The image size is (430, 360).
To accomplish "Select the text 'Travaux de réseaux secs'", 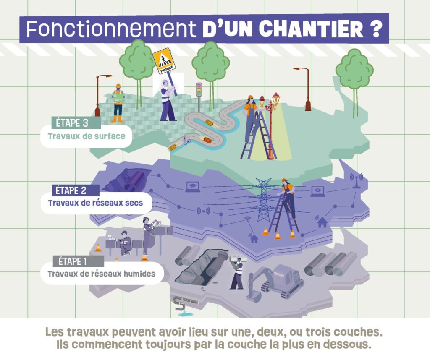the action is tap(95, 203).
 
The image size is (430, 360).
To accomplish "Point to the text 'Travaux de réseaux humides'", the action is tap(102, 274).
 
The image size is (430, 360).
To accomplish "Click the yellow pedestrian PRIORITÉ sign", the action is tap(164, 61).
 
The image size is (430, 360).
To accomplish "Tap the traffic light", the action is tap(199, 90).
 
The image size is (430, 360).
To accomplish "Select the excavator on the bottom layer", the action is tap(275, 282).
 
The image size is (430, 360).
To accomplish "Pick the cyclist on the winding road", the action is tap(187, 140).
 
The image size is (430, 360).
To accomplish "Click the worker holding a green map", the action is tap(118, 103).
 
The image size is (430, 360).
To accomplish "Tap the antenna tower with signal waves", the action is tap(356, 180).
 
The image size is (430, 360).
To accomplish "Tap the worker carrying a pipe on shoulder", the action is tap(237, 272).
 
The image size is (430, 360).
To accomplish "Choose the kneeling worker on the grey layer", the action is tap(125, 243).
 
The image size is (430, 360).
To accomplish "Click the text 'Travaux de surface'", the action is tap(87, 136).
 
